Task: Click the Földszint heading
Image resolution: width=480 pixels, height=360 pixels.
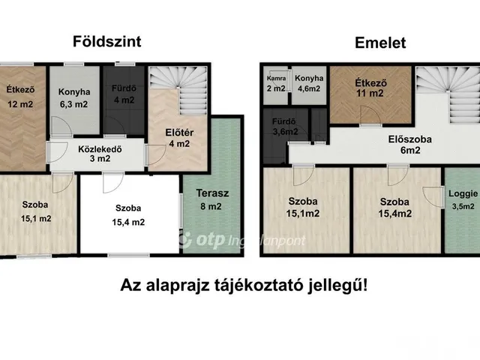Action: [x=106, y=42]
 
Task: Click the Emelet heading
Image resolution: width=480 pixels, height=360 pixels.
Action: [x=380, y=43]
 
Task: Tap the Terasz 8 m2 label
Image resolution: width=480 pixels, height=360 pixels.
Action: [x=212, y=199]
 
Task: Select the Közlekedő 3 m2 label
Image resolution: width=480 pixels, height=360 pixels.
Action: [x=100, y=154]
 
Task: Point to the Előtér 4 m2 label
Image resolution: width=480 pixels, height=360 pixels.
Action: [x=179, y=138]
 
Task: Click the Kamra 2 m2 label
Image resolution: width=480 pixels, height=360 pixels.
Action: [x=276, y=83]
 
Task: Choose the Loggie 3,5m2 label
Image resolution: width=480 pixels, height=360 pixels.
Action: [x=463, y=200]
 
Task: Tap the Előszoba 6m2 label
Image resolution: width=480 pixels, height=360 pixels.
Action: [x=410, y=145]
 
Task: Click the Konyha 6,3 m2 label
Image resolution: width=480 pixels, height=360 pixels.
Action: [x=74, y=98]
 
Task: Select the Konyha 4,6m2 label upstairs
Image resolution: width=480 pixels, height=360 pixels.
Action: [x=309, y=83]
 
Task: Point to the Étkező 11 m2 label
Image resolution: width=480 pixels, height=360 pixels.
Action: [x=370, y=88]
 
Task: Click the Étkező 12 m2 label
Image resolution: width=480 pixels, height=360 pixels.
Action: [x=20, y=97]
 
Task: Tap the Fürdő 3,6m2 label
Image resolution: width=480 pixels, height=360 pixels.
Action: [x=285, y=127]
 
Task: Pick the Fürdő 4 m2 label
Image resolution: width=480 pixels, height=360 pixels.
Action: [x=124, y=94]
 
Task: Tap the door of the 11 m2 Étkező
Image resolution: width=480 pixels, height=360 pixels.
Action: [x=370, y=115]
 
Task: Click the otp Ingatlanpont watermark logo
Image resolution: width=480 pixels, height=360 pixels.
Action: [x=241, y=240]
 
